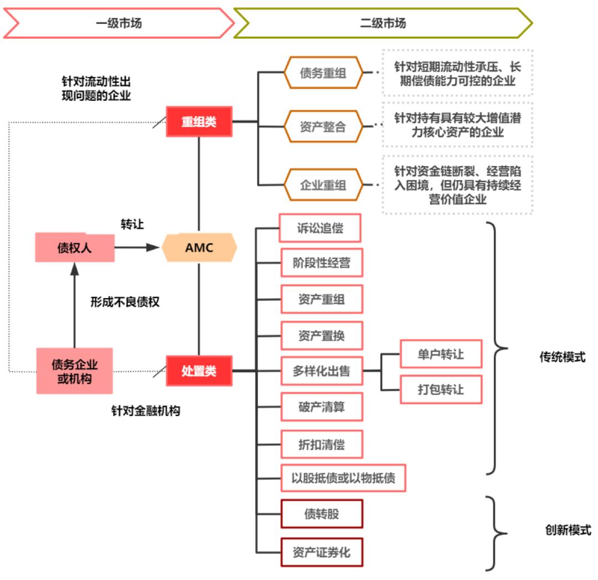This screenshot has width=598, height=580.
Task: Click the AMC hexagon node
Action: point(199,247)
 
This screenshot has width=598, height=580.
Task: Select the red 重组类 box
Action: point(199,122)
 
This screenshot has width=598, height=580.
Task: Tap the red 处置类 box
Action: point(199,371)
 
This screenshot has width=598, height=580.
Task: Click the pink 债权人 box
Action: point(75,248)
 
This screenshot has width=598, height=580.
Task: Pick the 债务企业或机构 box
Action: point(74,371)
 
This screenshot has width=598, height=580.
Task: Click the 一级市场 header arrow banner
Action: point(118,23)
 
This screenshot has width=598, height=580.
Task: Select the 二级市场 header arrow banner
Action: point(383,23)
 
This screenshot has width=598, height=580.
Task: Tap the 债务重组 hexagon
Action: point(323,73)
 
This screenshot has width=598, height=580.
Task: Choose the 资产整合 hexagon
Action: point(323,126)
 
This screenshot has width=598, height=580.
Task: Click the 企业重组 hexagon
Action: point(323,184)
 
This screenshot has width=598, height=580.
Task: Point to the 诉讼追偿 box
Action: point(320,228)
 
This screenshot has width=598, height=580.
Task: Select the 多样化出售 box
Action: point(322,371)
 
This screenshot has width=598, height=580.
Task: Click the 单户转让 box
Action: point(441,354)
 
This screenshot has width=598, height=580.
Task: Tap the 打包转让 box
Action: point(441,389)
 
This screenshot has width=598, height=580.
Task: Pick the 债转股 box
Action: point(322,514)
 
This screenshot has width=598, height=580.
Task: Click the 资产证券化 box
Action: point(322,552)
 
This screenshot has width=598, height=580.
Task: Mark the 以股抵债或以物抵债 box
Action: point(343,478)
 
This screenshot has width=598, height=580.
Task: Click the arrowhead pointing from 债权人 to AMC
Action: point(153,248)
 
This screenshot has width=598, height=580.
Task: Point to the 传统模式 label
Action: point(562,357)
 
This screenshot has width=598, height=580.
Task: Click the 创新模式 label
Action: point(568,530)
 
